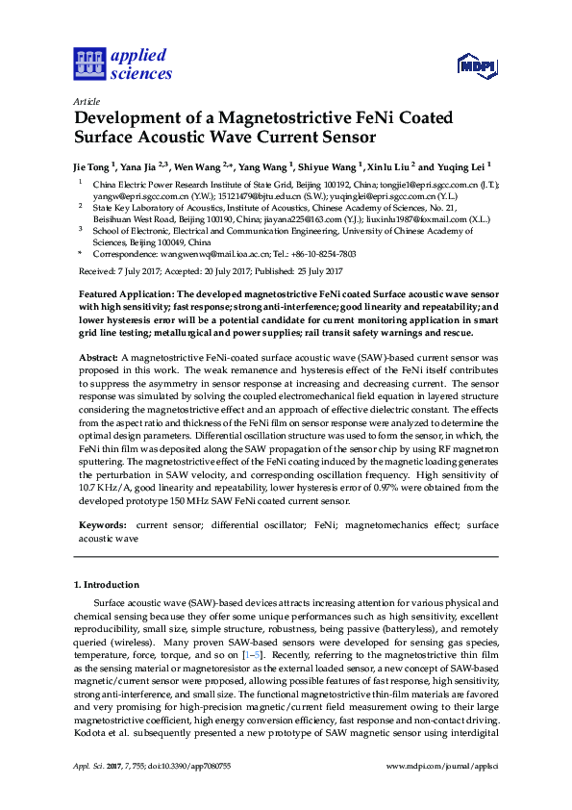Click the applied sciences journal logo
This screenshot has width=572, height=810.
123,64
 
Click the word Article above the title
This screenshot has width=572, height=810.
86,100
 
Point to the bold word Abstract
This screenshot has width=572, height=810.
98,356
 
